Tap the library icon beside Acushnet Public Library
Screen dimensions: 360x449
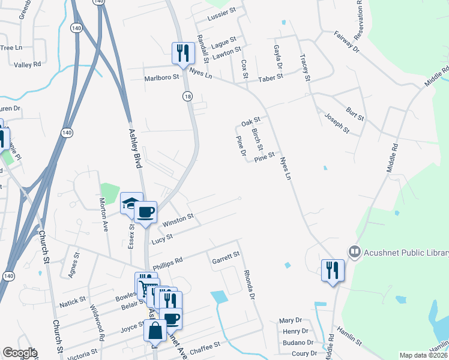[354, 252]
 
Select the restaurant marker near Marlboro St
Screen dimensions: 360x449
[182, 54]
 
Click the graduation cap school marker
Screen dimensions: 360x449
[131, 204]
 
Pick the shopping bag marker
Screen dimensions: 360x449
[155, 331]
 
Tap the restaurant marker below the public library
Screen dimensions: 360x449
[333, 271]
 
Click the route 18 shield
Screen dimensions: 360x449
[188, 96]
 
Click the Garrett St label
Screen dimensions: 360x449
[226, 257]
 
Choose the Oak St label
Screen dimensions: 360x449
[250, 122]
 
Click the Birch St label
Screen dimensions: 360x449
[257, 139]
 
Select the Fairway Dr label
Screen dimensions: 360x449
[346, 41]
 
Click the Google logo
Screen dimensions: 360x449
[20, 353]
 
